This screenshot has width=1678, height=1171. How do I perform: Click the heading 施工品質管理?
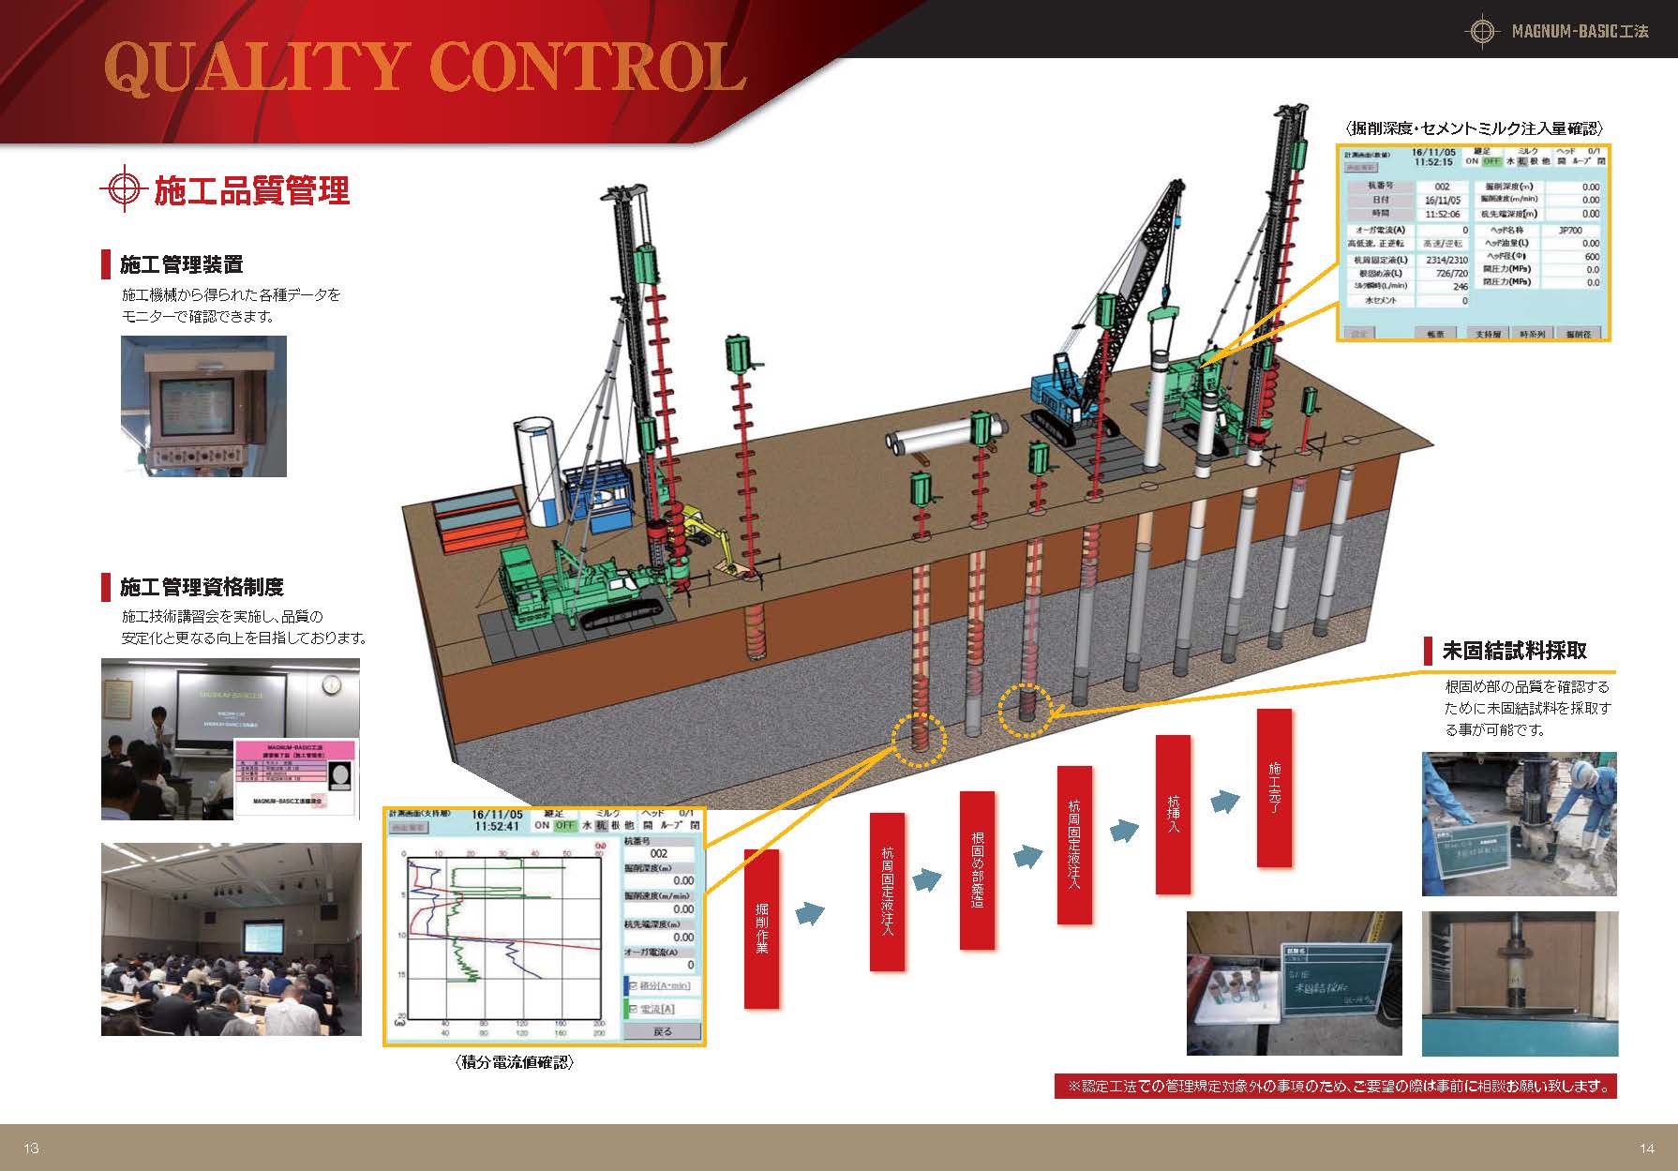click(x=251, y=190)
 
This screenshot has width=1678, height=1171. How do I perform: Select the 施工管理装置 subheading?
click(x=182, y=265)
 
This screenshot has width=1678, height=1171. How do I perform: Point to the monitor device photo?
click(x=203, y=406)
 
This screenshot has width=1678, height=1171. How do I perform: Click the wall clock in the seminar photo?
click(x=333, y=685)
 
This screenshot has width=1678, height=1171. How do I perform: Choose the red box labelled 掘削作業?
click(x=761, y=928)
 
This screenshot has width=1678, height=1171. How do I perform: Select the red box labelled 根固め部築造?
click(x=977, y=870)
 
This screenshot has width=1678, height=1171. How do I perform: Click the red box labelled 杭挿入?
click(x=1173, y=814)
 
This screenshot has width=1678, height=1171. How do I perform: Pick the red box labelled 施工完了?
click(x=1274, y=788)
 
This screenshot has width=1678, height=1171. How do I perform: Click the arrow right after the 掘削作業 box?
click(x=811, y=913)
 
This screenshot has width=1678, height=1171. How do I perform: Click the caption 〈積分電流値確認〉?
click(x=515, y=1062)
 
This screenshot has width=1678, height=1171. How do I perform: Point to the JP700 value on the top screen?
click(x=1569, y=230)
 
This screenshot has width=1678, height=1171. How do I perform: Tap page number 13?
click(x=32, y=1148)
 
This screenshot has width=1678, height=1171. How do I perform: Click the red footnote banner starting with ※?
click(x=1335, y=1087)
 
